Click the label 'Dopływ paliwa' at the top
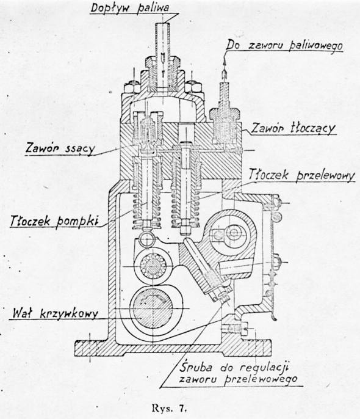[x=130, y=7]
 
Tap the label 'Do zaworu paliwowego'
[x=284, y=45]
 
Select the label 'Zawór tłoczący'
[x=293, y=128]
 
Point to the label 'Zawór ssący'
[x=60, y=148]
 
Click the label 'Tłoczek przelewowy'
[x=302, y=175]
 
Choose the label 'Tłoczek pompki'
[x=54, y=222]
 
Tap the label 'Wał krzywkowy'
[x=56, y=313]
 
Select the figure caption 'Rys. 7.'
[x=169, y=408]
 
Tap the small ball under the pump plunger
[x=147, y=238]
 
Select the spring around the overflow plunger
[x=185, y=208]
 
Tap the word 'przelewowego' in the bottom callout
[x=261, y=379]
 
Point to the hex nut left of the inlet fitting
[x=131, y=87]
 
